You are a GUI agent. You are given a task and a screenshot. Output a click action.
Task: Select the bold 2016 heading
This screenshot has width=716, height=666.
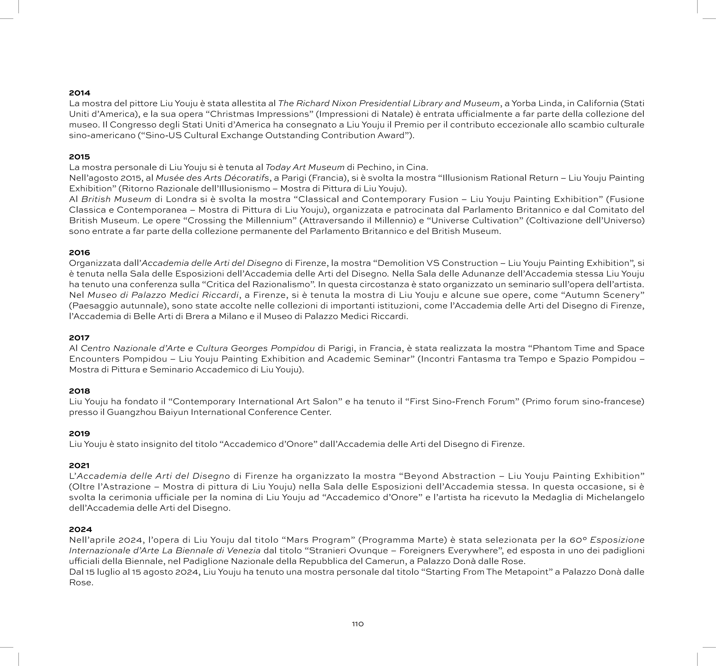point(80,252)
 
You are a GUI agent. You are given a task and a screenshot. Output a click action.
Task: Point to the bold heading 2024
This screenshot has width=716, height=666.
point(80,529)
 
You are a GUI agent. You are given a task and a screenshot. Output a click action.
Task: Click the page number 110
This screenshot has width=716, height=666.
point(358,624)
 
